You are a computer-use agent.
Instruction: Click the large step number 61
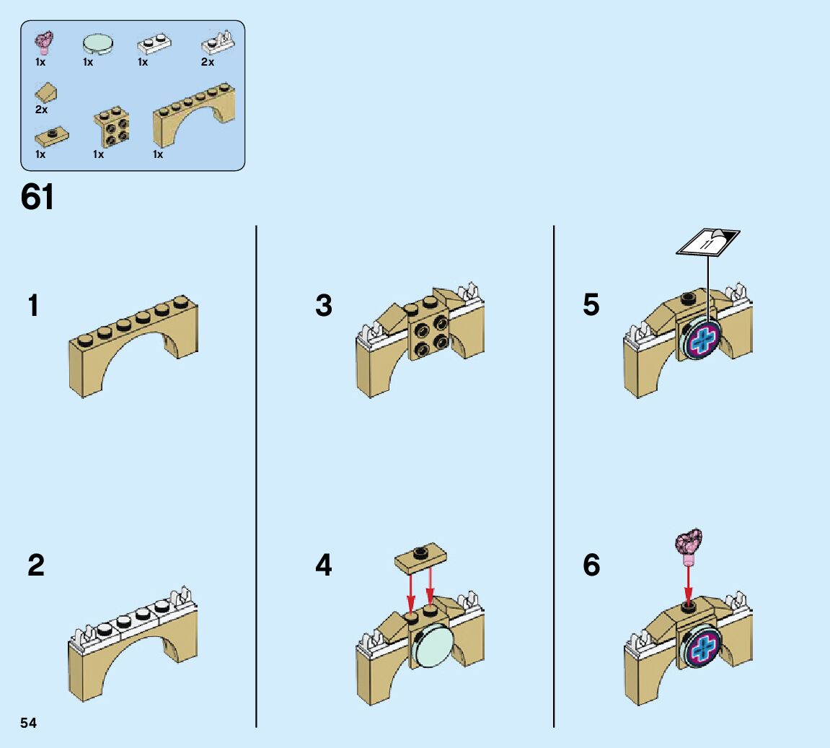(37, 196)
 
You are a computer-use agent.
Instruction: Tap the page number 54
(29, 723)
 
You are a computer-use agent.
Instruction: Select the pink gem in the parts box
(47, 43)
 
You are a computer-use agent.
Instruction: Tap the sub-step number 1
(33, 306)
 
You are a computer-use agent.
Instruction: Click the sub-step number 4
(324, 566)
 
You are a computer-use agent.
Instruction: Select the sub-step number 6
(591, 566)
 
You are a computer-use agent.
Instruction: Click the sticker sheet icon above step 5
(707, 241)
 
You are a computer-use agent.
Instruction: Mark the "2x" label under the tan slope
(41, 110)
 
